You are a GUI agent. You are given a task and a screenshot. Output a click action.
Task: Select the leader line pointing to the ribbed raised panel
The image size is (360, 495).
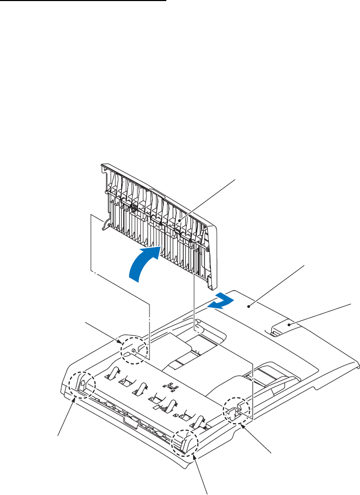[x=207, y=197]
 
